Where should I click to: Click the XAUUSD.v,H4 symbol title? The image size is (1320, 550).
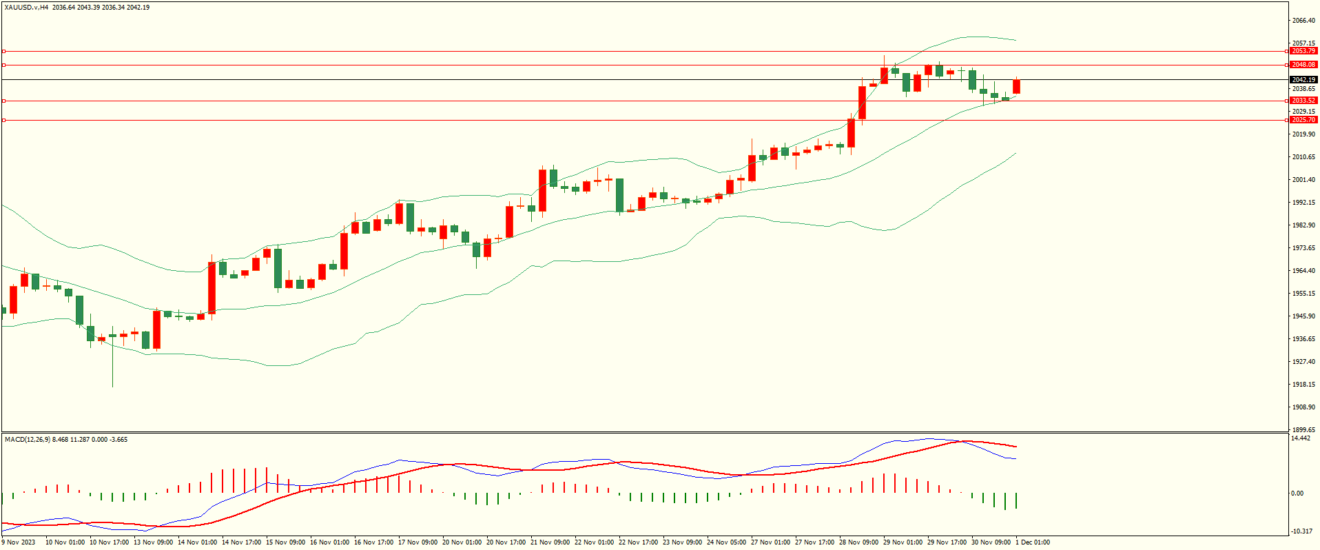point(26,8)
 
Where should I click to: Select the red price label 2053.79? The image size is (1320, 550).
point(1303,51)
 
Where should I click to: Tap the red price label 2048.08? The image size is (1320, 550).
point(1303,65)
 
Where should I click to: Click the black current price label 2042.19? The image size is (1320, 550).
point(1303,80)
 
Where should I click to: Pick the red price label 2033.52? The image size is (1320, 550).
point(1303,101)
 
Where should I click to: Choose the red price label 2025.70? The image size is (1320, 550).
point(1303,120)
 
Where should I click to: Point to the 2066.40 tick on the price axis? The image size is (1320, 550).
point(1303,21)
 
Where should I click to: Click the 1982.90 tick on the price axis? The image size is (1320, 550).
point(1303,225)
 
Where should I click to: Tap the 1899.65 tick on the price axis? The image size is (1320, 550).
point(1303,429)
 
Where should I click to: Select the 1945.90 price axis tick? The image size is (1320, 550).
point(1303,316)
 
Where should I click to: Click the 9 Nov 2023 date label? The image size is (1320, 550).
point(19,542)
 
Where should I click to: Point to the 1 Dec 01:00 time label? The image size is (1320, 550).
point(1033,542)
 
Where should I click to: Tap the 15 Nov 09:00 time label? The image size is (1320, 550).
point(286,542)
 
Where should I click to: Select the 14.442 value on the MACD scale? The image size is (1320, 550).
point(1301,438)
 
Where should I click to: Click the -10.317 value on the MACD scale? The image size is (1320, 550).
point(1301,531)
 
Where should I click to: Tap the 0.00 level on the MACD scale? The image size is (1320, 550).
point(1297,493)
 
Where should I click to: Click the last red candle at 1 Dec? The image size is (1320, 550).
point(1016,87)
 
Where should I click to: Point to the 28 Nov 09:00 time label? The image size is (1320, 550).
point(858,542)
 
